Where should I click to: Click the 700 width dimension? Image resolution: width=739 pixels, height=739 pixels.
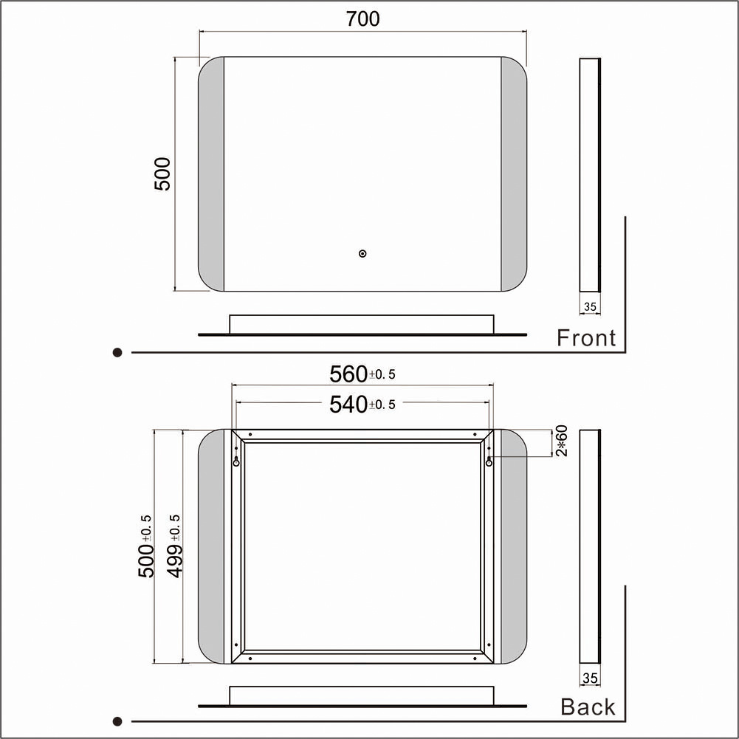click(x=362, y=19)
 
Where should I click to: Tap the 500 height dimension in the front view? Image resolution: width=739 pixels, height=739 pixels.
click(x=162, y=174)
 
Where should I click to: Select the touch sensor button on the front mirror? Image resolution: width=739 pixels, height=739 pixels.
click(x=362, y=253)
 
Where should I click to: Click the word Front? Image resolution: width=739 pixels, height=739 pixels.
click(x=586, y=338)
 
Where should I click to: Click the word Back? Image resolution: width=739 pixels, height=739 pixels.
click(x=588, y=707)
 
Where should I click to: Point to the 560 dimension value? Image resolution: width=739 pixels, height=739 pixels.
click(x=348, y=374)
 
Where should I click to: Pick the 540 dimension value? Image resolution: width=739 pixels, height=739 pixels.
click(x=348, y=405)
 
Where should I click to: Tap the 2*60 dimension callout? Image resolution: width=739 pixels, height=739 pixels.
click(x=562, y=441)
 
